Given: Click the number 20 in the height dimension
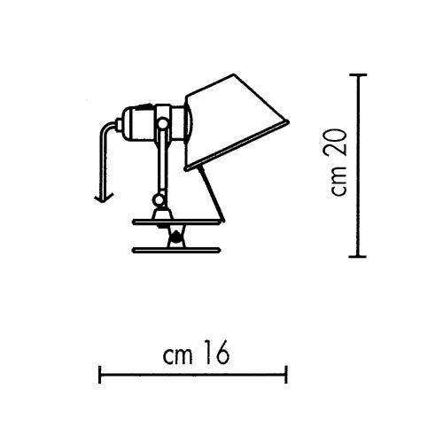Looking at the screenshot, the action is pyautogui.click(x=337, y=143).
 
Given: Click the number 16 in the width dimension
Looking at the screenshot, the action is pyautogui.click(x=217, y=353).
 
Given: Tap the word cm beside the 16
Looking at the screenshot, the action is pyautogui.click(x=177, y=356).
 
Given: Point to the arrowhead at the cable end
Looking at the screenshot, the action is pyautogui.click(x=104, y=198).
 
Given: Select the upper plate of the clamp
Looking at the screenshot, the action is pyautogui.click(x=176, y=221).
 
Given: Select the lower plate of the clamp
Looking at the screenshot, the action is pyautogui.click(x=176, y=251).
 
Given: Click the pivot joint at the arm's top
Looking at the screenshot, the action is pyautogui.click(x=163, y=123).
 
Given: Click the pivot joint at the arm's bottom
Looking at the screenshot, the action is pyautogui.click(x=159, y=200).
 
